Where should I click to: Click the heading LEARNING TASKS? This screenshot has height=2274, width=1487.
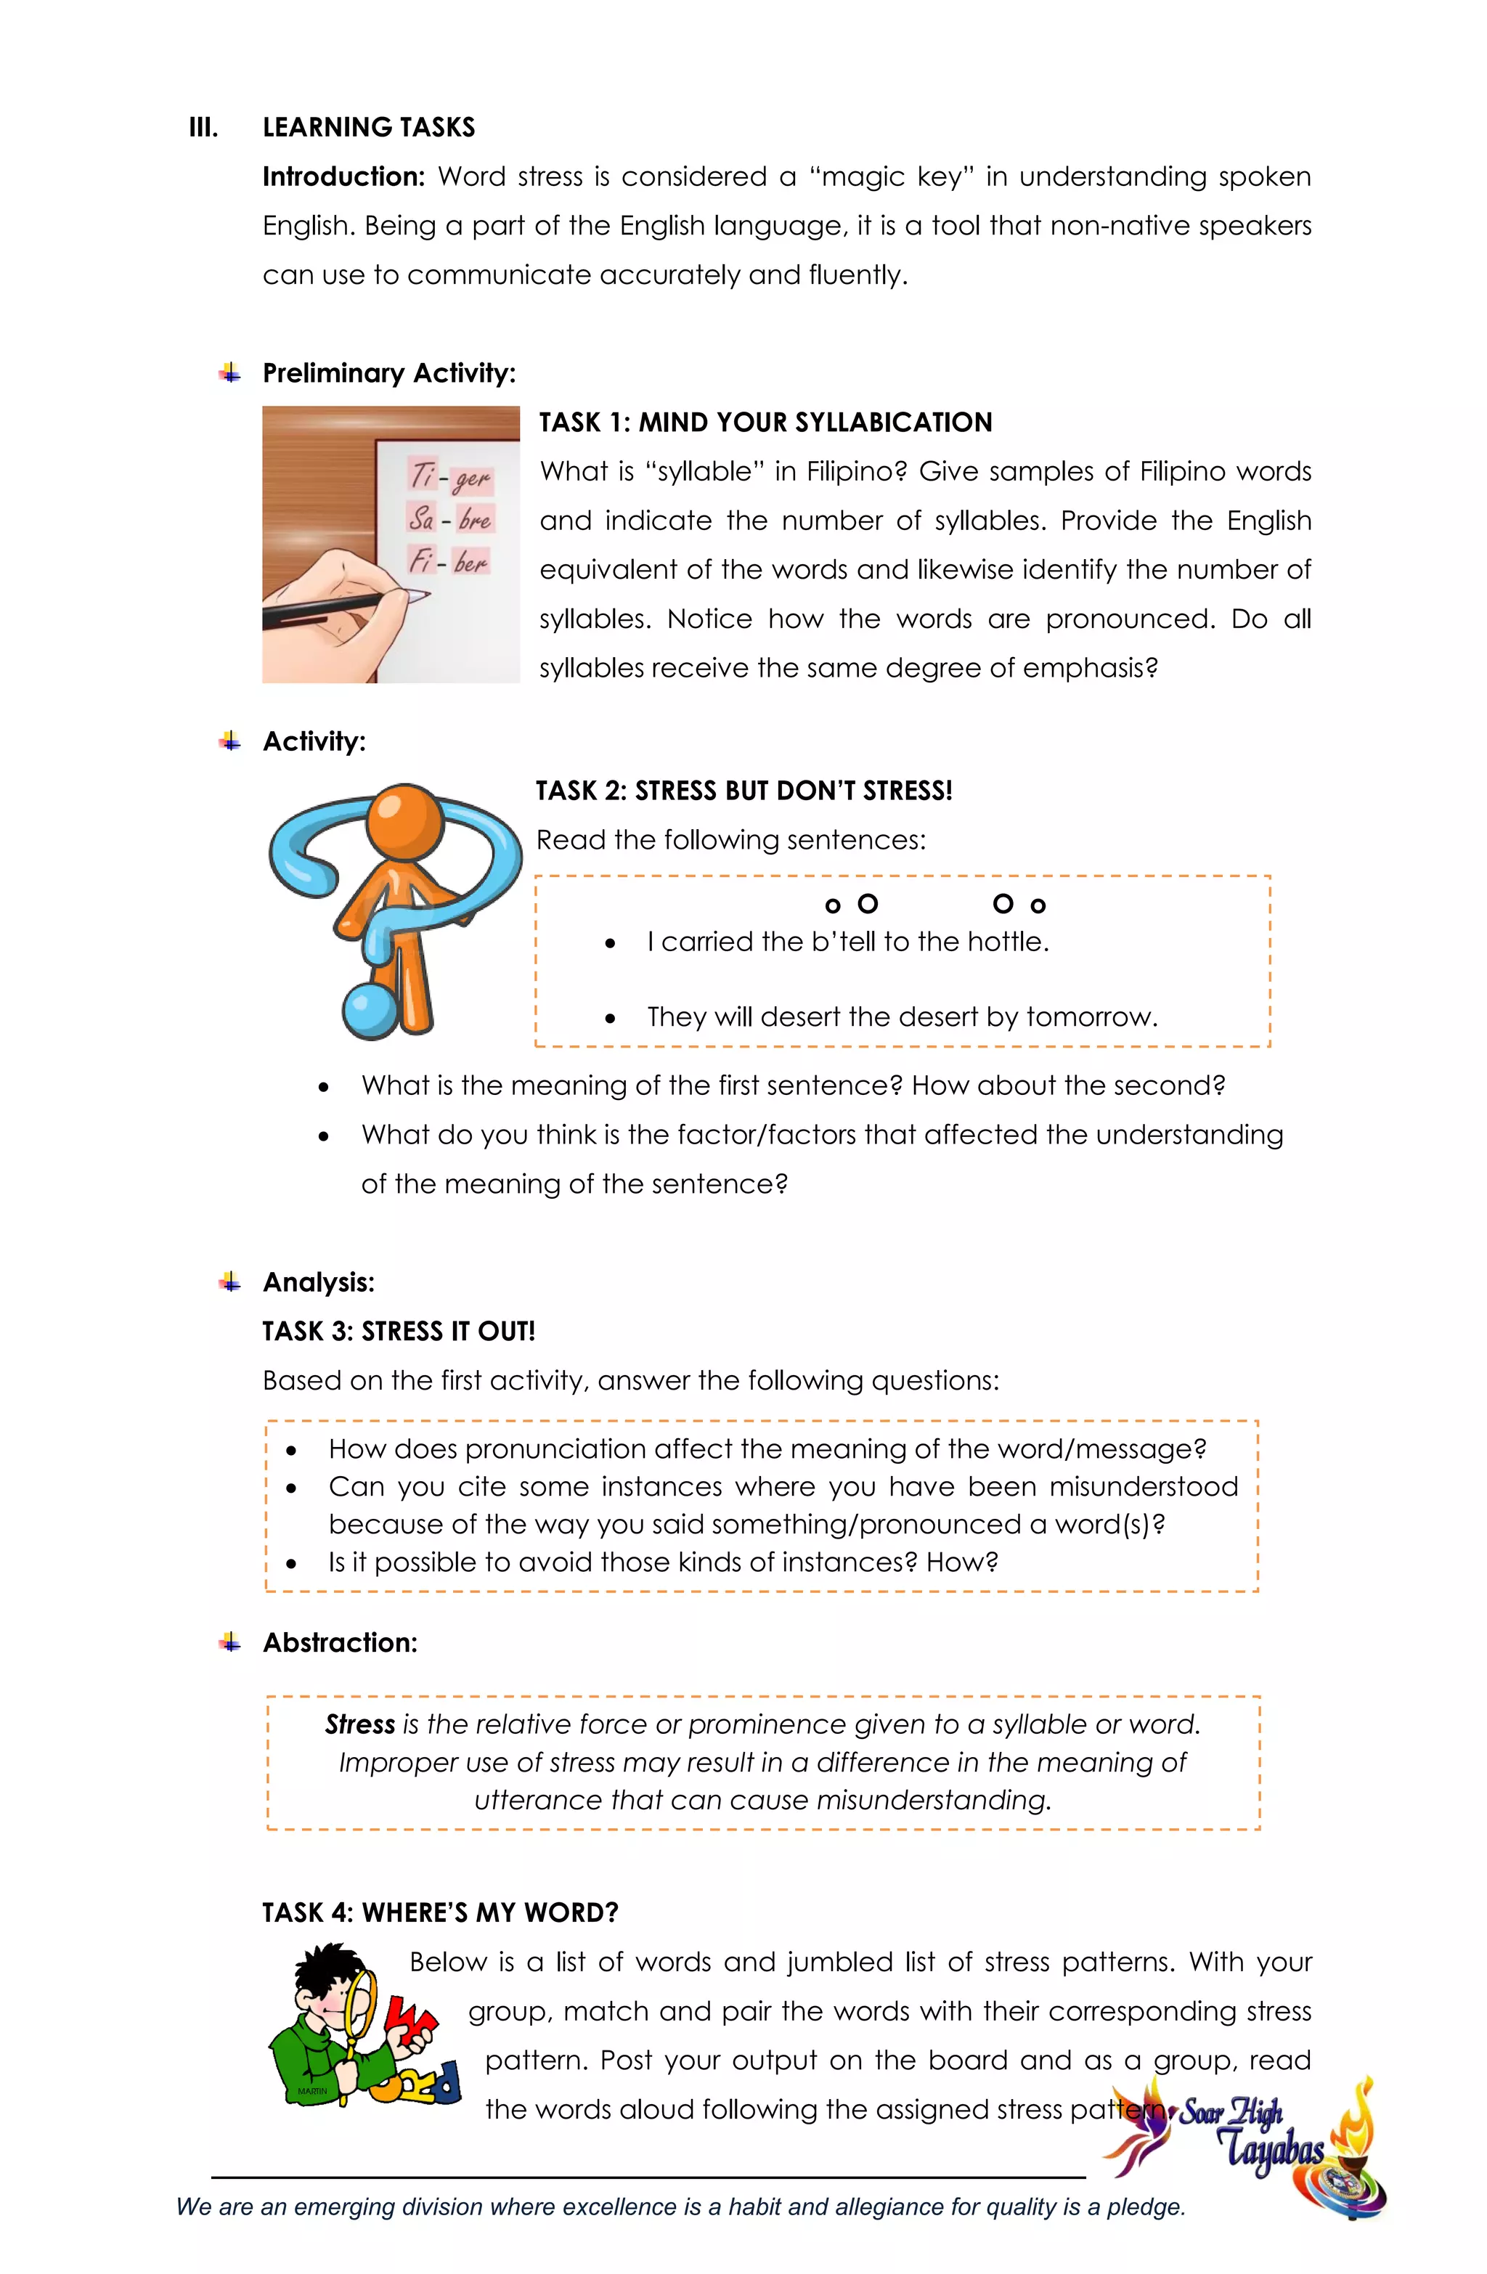(368, 127)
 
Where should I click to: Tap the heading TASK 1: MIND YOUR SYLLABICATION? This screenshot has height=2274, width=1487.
(765, 423)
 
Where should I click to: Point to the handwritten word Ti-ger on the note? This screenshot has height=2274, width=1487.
(450, 476)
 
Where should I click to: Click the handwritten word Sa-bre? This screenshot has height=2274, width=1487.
(449, 519)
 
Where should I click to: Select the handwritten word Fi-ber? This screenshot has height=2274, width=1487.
(448, 560)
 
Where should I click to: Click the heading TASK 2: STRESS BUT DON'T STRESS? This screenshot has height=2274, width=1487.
(743, 791)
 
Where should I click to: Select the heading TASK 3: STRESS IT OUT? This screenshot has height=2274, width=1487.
(399, 1331)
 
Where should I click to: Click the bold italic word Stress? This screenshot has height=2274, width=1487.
(359, 1724)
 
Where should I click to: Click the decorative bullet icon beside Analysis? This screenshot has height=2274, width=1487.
(229, 1282)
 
